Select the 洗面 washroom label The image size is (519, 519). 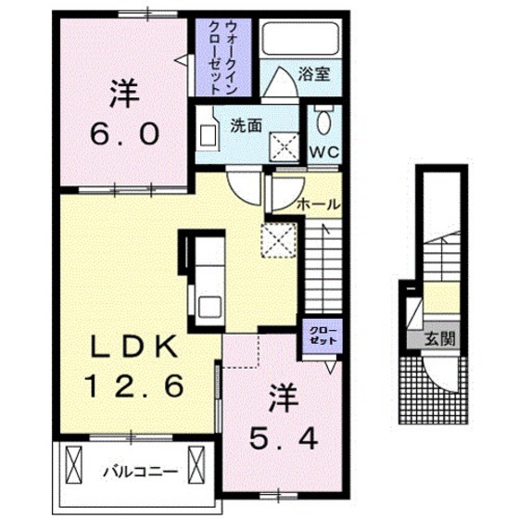pyautogui.click(x=246, y=123)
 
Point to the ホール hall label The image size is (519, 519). pyautogui.click(x=317, y=204)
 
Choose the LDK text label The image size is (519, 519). pyautogui.click(x=133, y=347)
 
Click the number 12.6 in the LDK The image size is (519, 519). pyautogui.click(x=133, y=384)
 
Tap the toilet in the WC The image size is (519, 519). pyautogui.click(x=323, y=121)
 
